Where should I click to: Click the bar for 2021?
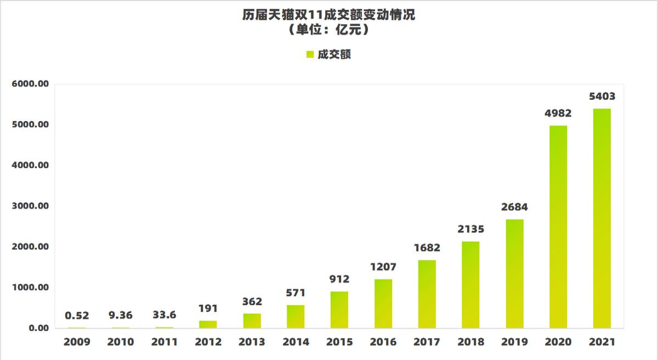tap(602, 218)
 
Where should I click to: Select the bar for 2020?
tap(558, 227)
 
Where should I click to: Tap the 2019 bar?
tap(514, 273)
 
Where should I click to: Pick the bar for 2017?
tap(427, 294)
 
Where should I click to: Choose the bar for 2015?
tap(339, 310)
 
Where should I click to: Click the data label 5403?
tap(602, 97)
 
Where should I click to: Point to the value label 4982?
tap(558, 114)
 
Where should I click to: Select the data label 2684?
tap(514, 208)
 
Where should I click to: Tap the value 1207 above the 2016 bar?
tap(383, 267)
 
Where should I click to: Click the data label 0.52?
tap(77, 316)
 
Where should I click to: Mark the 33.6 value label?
tap(164, 316)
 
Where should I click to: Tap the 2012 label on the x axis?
tap(208, 342)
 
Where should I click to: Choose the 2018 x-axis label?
tap(470, 342)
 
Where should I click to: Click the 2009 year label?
tap(77, 342)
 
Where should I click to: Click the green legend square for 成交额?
tap(310, 55)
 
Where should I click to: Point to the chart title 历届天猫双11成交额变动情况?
tap(329, 15)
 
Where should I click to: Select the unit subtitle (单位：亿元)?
tap(329, 31)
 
